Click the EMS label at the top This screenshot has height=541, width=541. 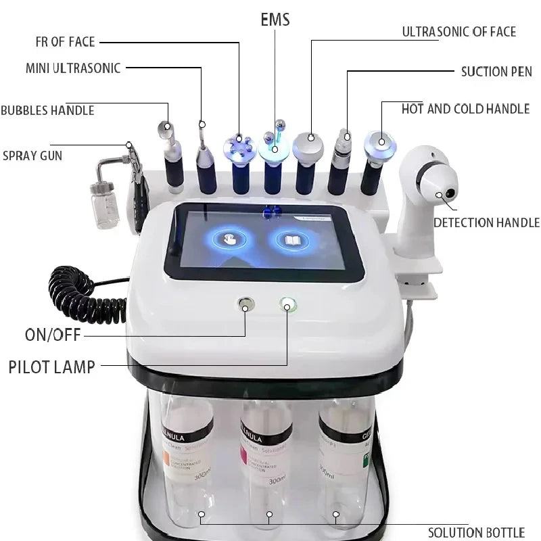(275, 20)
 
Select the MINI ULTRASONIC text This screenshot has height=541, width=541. (73, 68)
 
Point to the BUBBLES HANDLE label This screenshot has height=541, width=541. (47, 110)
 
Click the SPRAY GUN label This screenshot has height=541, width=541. (32, 156)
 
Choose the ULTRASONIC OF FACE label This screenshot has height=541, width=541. (458, 32)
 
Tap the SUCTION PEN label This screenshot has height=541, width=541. (496, 71)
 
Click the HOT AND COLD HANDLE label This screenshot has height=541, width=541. (465, 109)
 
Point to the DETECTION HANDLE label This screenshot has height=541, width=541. (486, 222)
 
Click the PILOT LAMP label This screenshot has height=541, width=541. (51, 367)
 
